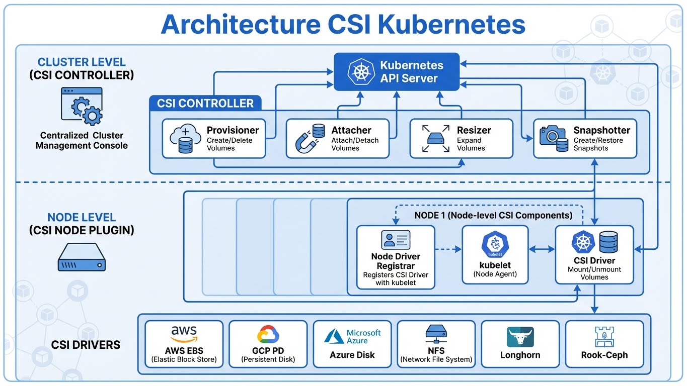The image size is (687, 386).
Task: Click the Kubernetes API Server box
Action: pyautogui.click(x=397, y=72)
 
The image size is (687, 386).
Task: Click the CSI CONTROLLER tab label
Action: pyautogui.click(x=205, y=104)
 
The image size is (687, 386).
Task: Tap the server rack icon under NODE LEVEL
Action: pyautogui.click(x=81, y=258)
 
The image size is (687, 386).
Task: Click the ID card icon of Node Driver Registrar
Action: pyautogui.click(x=396, y=240)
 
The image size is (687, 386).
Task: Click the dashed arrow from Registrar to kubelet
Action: pyautogui.click(x=448, y=249)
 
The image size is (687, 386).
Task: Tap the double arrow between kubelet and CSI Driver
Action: pyautogui.click(x=542, y=249)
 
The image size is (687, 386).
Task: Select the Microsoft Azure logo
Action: pyautogui.click(x=352, y=336)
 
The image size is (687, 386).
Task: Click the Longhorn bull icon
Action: pyautogui.click(x=520, y=337)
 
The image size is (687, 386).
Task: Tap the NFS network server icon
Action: pyautogui.click(x=436, y=334)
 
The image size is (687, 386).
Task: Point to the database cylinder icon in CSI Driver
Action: pyautogui.click(x=608, y=242)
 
